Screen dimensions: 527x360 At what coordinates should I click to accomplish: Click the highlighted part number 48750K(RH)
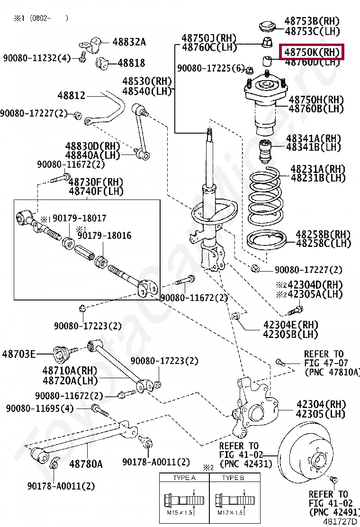(x=312, y=52)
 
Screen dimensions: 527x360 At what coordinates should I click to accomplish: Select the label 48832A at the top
(x=129, y=42)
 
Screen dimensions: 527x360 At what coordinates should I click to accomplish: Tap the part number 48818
(x=131, y=63)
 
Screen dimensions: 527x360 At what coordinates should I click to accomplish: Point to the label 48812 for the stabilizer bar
(x=72, y=96)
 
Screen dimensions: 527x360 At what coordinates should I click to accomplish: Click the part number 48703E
(x=18, y=354)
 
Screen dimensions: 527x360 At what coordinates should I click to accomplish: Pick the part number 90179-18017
(x=79, y=218)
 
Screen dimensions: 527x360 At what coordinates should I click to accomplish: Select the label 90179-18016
(x=104, y=236)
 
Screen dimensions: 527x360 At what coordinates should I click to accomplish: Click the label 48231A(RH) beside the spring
(x=317, y=169)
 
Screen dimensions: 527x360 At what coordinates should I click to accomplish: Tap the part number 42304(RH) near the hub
(x=321, y=404)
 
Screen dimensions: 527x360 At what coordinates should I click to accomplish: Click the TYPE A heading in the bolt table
(x=184, y=478)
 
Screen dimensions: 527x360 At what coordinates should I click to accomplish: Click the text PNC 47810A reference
(x=332, y=373)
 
